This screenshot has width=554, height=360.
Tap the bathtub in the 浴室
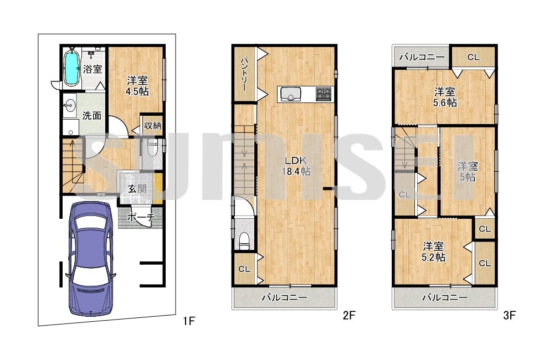71,68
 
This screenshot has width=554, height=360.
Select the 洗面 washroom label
92,116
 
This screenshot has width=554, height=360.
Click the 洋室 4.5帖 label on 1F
137,86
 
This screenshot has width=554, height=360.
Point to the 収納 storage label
153,125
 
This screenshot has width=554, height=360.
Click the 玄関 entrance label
137,189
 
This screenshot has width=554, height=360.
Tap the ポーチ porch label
140,217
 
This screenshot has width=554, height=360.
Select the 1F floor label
189,321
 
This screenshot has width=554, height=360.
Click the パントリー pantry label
244,75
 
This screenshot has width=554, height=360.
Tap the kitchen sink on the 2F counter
290,94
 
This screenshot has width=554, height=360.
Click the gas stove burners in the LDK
324,94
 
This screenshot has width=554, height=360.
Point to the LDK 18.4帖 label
296,166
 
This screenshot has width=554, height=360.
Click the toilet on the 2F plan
244,241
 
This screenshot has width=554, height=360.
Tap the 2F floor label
348,315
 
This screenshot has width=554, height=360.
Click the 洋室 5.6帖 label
445,97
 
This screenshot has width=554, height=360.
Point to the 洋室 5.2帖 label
434,251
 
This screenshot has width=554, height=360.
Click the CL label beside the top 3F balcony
473,57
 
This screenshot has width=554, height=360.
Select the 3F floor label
509,315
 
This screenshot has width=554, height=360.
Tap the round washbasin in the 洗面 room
70,105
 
